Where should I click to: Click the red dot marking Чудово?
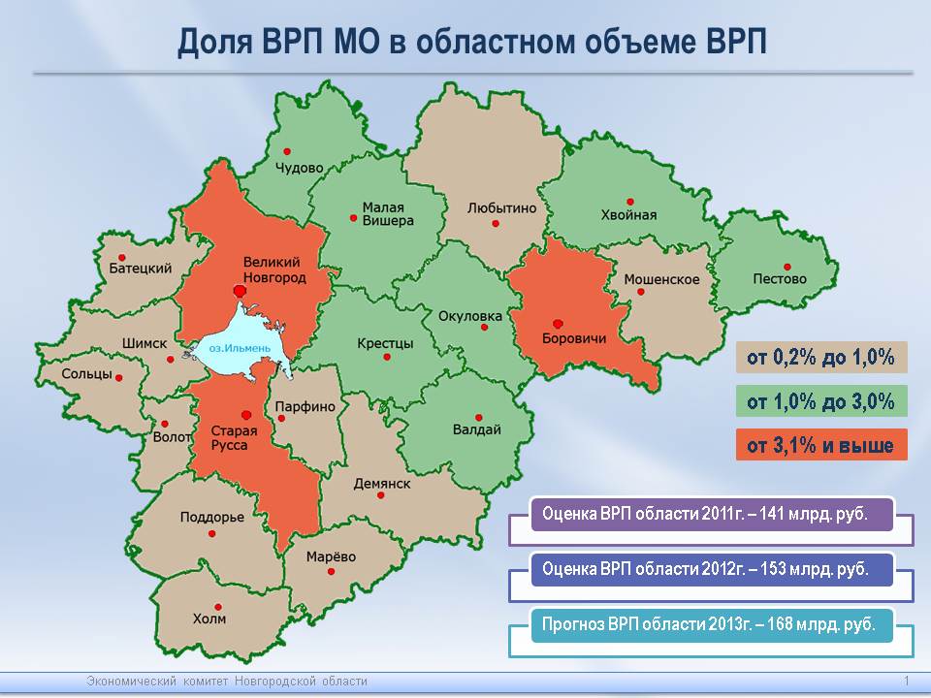pos(287,152)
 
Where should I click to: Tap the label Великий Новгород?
pos(274,270)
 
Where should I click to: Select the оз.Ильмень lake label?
pos(240,348)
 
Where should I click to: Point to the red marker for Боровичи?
pos(558,324)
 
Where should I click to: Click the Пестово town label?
pos(780,278)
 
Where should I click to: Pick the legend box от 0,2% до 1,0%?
pos(821,358)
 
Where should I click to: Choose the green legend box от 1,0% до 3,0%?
pos(821,401)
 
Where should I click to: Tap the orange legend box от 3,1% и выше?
pos(821,445)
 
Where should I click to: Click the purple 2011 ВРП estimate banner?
pos(712,514)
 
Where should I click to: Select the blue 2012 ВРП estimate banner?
pos(712,569)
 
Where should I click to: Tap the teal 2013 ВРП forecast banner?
pos(712,624)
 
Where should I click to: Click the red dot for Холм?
pos(218,607)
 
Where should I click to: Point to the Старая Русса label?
pos(234,438)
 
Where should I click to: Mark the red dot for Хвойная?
pos(630,202)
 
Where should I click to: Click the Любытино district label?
pos(501,208)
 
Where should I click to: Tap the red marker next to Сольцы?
pos(118,378)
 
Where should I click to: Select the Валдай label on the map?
pos(477,429)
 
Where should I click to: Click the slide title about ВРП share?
pos(472,42)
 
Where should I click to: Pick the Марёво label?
pos(331,556)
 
